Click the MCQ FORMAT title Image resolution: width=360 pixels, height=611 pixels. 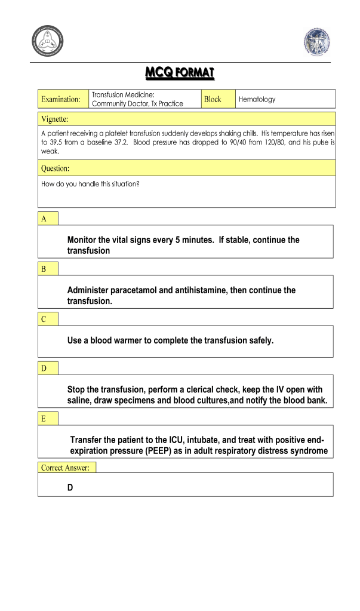coord(180,73)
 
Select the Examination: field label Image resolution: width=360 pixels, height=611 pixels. coord(60,99)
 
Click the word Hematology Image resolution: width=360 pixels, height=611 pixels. coord(257,99)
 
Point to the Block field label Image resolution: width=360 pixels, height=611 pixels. coord(212,99)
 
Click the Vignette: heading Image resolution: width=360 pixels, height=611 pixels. coord(54,118)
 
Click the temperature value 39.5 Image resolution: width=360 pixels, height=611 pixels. coord(57,143)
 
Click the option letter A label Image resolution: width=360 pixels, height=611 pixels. coord(44,219)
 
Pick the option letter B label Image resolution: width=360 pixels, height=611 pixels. coord(44,269)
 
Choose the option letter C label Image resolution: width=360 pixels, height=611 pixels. coord(44,319)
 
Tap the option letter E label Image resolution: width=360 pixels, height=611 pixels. coord(44,419)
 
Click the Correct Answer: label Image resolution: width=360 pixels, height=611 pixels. coord(65,468)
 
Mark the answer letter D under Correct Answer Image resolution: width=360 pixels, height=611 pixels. coord(70,488)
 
